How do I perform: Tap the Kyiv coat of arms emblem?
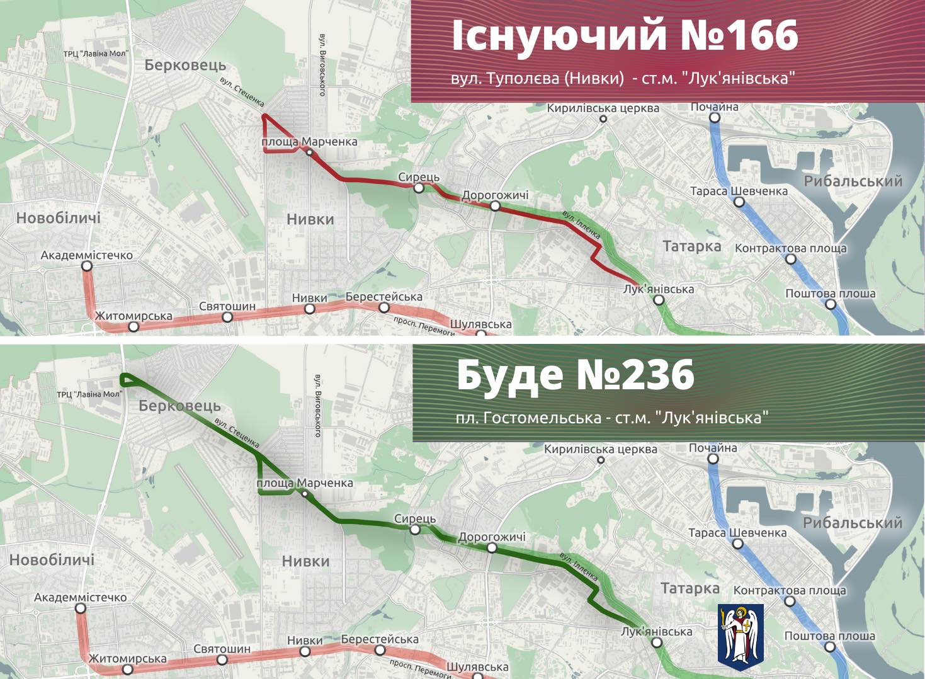pyautogui.click(x=741, y=634)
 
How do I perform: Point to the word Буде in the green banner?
pyautogui.click(x=509, y=375)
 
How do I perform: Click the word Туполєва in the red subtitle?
pyautogui.click(x=528, y=79)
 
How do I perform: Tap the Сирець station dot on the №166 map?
pyautogui.click(x=419, y=188)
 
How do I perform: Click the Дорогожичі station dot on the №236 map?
pyautogui.click(x=492, y=548)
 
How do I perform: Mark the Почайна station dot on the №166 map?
pyautogui.click(x=714, y=117)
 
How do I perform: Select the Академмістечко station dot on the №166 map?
pyautogui.click(x=87, y=266)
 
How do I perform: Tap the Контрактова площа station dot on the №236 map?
pyautogui.click(x=790, y=601)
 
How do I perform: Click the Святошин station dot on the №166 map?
pyautogui.click(x=227, y=317)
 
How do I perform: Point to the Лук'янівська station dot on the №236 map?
pyautogui.click(x=657, y=642)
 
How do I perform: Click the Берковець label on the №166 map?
pyautogui.click(x=185, y=66)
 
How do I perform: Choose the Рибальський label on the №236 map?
pyautogui.click(x=852, y=523)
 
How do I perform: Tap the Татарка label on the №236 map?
pyautogui.click(x=689, y=588)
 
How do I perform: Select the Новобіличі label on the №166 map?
pyautogui.click(x=58, y=218)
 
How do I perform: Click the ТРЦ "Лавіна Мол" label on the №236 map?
pyautogui.click(x=90, y=394)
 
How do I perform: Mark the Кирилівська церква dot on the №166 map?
pyautogui.click(x=603, y=118)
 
